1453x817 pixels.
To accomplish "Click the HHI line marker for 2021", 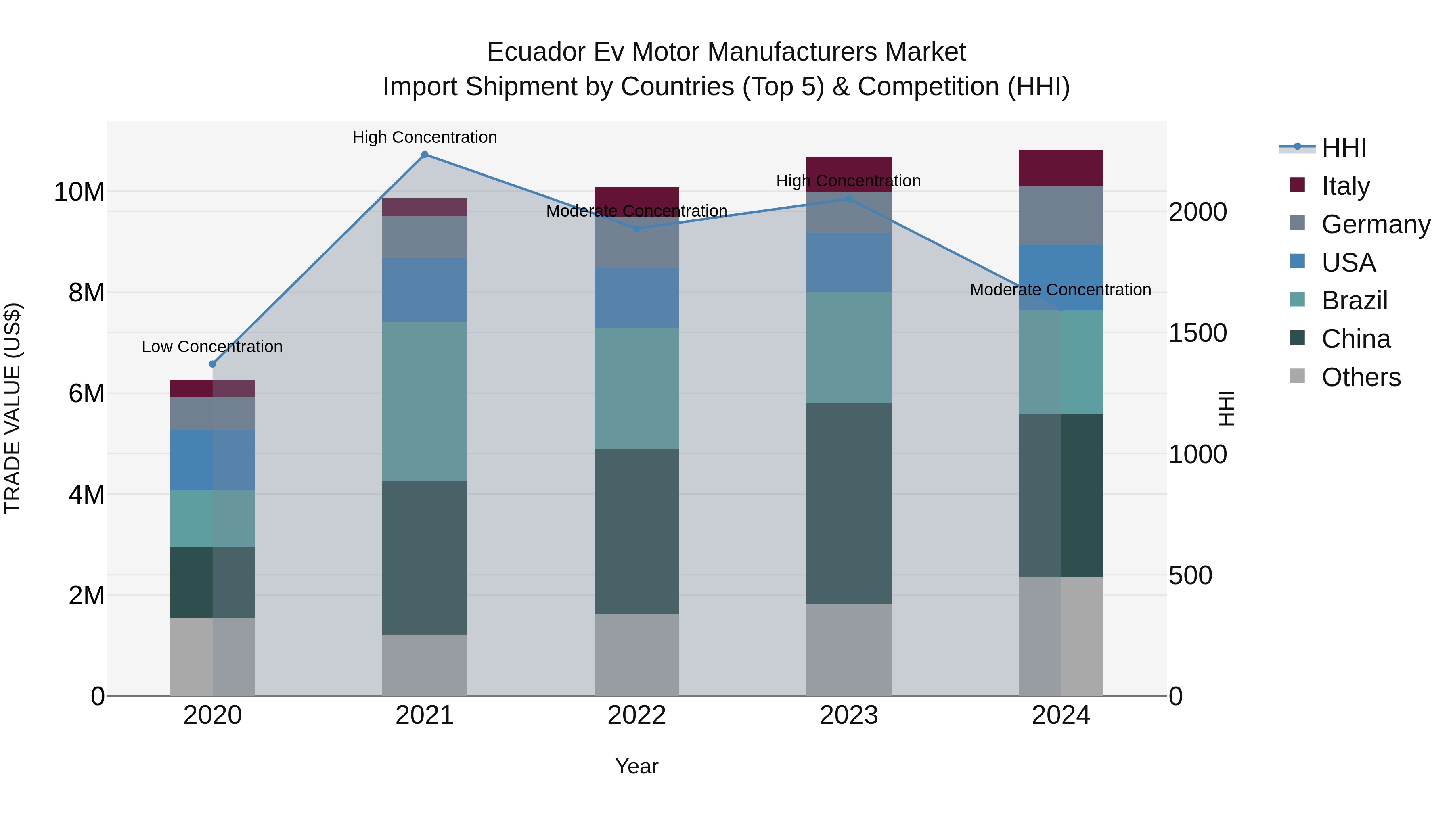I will coord(425,155).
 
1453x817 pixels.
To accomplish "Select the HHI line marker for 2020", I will coord(213,364).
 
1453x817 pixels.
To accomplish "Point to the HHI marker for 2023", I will coord(849,199).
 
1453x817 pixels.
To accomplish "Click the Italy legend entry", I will coord(1345,186).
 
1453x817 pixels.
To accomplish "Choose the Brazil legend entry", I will coord(1354,301).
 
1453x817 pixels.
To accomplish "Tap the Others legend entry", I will coord(1361,377).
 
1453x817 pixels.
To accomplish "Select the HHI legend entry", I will coord(1344,148).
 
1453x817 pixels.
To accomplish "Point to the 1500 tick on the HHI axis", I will coord(1197,333).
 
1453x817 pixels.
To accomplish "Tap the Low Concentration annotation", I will coord(212,346).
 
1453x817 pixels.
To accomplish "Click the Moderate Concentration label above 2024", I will coord(1060,290).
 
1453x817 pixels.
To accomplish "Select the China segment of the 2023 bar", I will coord(848,503).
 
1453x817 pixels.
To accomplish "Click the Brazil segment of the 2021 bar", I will coord(424,401).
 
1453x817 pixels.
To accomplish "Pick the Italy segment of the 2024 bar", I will coord(1060,168).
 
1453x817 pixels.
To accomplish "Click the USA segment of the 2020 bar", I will coord(213,460).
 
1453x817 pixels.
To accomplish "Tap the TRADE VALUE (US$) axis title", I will coord(13,408).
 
